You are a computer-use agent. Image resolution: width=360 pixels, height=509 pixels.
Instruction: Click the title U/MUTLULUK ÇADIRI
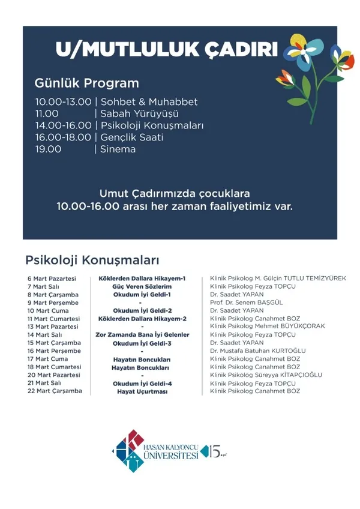166,49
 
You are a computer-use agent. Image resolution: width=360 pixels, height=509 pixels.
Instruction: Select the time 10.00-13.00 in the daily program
63,102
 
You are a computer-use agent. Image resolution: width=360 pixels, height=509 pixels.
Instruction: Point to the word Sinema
118,149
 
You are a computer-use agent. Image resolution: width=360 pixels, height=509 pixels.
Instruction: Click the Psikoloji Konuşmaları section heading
92,261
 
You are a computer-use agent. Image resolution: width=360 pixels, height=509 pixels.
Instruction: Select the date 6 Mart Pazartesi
52,279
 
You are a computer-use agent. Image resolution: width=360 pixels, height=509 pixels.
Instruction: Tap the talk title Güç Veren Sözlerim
142,287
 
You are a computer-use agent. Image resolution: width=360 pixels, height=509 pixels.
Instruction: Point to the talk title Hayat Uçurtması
142,391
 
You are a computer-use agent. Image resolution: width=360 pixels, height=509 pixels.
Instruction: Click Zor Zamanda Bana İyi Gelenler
142,335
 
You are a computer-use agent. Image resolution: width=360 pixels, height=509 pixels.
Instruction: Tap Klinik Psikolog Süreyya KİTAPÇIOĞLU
266,375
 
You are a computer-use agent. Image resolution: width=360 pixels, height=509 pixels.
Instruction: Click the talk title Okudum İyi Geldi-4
142,383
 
